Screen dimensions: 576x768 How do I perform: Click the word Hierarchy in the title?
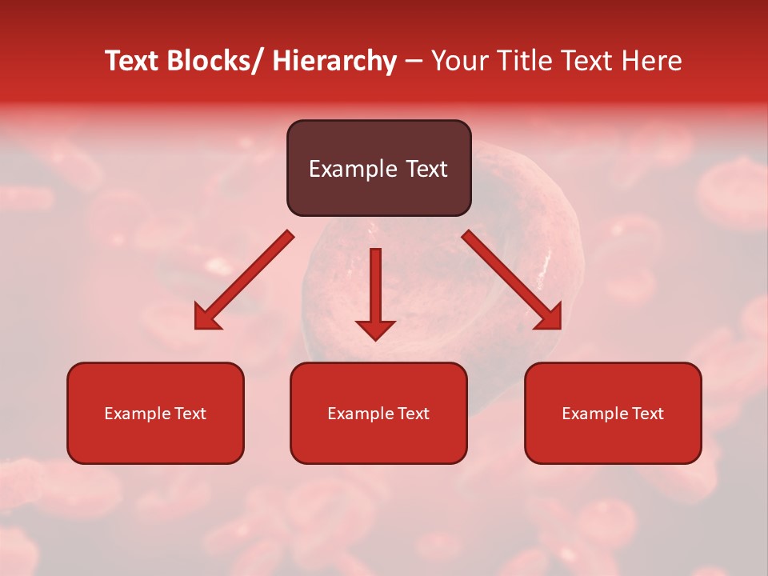click(334, 61)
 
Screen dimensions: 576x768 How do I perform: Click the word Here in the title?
click(652, 61)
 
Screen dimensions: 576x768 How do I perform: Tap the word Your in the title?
click(461, 61)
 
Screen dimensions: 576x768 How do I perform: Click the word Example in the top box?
click(353, 169)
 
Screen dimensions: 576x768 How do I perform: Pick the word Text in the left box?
click(190, 414)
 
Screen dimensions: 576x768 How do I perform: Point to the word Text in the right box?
click(647, 414)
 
